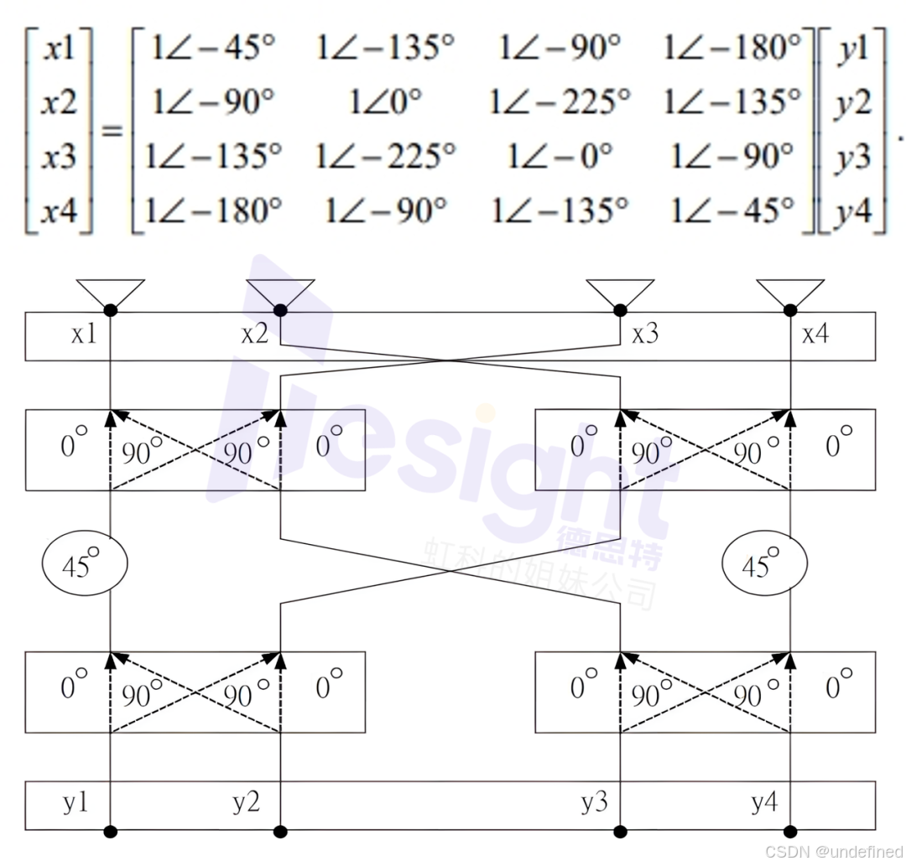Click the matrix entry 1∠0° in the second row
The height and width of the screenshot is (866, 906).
point(385,101)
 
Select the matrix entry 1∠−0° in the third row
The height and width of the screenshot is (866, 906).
point(560,155)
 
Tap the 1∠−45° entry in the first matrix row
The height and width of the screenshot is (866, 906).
point(212,47)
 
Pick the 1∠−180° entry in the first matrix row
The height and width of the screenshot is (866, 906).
point(732,47)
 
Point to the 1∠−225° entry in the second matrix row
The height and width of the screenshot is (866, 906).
point(560,101)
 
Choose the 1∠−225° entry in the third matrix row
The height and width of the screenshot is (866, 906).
point(385,155)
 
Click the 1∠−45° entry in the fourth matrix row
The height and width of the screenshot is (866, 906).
point(732,209)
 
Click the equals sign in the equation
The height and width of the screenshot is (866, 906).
point(112,131)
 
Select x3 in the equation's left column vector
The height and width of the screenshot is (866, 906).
point(59,156)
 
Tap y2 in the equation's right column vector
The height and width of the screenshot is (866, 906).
point(851,104)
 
